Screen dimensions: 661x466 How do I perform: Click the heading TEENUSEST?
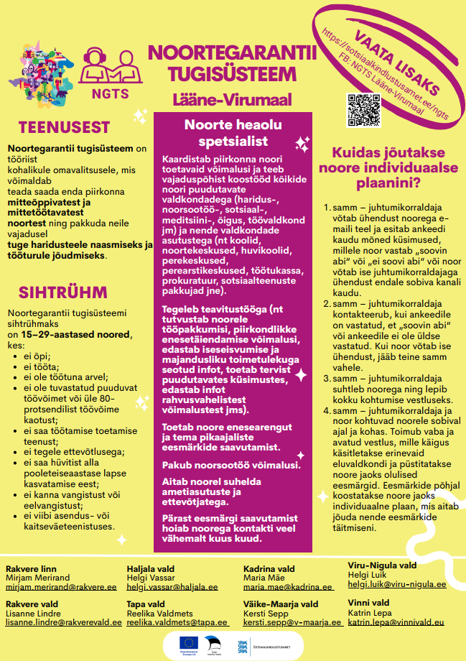(64, 128)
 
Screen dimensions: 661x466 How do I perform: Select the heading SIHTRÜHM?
(63, 292)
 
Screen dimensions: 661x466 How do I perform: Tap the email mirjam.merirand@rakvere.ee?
(61, 586)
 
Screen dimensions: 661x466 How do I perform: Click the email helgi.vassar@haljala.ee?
(172, 586)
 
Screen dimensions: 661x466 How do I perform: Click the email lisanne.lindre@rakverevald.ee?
(61, 623)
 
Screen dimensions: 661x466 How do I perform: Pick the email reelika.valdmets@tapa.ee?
(177, 623)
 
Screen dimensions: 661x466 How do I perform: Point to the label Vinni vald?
(369, 602)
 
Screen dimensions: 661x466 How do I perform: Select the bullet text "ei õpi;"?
(37, 355)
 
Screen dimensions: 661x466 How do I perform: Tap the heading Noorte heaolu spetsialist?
(233, 131)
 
